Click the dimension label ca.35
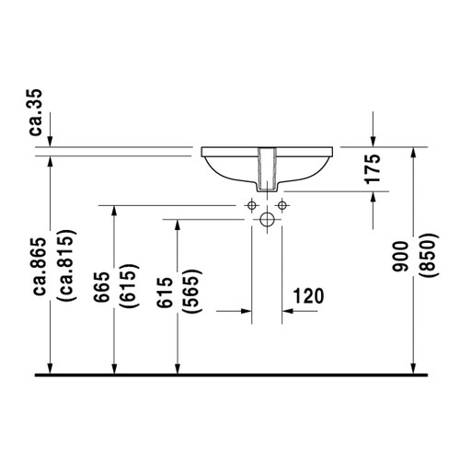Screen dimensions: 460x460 click(x=35, y=112)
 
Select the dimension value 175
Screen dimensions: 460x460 click(x=373, y=169)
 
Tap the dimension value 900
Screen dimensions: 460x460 click(x=400, y=257)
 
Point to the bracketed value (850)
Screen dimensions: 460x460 click(x=428, y=256)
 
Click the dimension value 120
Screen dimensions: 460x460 click(x=308, y=296)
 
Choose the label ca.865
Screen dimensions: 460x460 click(x=40, y=267)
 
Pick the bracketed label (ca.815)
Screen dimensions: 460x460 click(x=65, y=265)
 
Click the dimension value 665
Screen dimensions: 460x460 click(x=101, y=287)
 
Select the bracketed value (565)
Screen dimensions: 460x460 click(x=191, y=291)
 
